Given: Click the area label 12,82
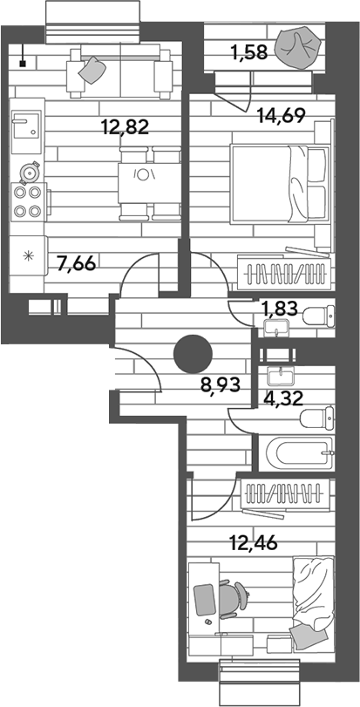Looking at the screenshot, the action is pyautogui.click(x=126, y=128).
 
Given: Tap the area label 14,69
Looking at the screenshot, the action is pyautogui.click(x=282, y=116).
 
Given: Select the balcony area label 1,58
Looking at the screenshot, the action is pyautogui.click(x=249, y=53).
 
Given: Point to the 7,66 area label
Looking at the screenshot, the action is pyautogui.click(x=77, y=264).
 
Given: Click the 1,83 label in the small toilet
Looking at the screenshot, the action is pyautogui.click(x=280, y=309).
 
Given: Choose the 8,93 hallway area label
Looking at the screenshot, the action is pyautogui.click(x=221, y=385).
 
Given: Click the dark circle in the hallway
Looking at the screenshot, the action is pyautogui.click(x=193, y=355).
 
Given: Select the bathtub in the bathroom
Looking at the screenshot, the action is pyautogui.click(x=299, y=452).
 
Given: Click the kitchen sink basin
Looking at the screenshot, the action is pyautogui.click(x=25, y=126).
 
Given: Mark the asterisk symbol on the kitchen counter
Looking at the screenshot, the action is pyautogui.click(x=29, y=256).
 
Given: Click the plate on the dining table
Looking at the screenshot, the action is pyautogui.click(x=142, y=174).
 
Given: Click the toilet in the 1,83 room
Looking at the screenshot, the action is pyautogui.click(x=319, y=316).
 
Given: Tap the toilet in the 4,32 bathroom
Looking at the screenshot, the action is pyautogui.click(x=317, y=418).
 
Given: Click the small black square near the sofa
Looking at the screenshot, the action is pyautogui.click(x=23, y=64).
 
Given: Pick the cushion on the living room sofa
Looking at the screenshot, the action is pyautogui.click(x=92, y=70).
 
